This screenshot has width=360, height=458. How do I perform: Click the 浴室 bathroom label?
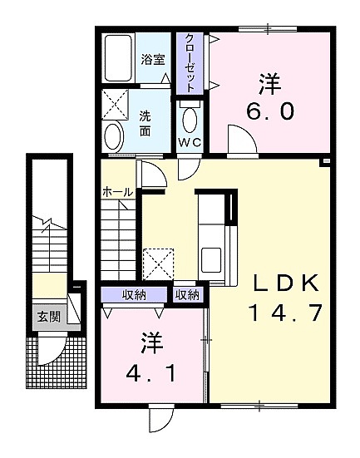(x=153, y=60)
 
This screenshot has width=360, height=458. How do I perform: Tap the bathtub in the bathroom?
(x=118, y=58)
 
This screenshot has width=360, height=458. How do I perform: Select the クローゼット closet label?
(x=190, y=63)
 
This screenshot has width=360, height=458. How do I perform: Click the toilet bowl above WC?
(x=189, y=121)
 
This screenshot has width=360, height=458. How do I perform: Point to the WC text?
(x=190, y=142)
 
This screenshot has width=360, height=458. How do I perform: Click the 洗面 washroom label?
(x=145, y=124)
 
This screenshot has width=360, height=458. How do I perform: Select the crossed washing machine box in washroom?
(x=115, y=104)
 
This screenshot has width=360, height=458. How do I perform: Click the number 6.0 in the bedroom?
(x=269, y=111)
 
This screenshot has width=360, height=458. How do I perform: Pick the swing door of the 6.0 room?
(x=242, y=140)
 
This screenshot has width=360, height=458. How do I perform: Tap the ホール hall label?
(x=118, y=192)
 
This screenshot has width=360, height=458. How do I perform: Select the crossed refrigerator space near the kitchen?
(x=158, y=264)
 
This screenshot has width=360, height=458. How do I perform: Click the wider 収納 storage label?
(x=134, y=295)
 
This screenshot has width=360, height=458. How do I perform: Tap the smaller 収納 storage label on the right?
(x=187, y=295)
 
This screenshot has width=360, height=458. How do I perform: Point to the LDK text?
(x=286, y=283)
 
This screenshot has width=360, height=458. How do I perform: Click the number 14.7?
(x=285, y=313)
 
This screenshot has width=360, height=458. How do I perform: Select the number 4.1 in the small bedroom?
(x=151, y=373)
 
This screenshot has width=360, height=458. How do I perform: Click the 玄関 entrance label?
(x=49, y=317)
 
